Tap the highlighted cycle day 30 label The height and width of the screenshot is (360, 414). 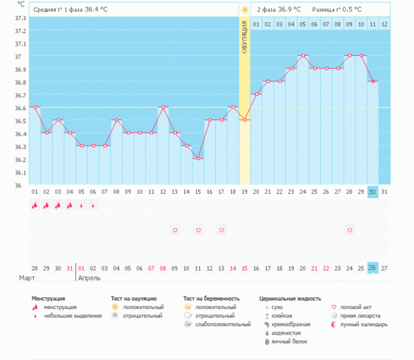click(x=373, y=192)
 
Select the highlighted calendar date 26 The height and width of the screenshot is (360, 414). click(x=373, y=268)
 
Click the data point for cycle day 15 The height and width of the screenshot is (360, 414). click(x=198, y=159)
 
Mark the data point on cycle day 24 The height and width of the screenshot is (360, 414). click(x=303, y=55)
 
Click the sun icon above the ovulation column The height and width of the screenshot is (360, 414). click(x=245, y=10)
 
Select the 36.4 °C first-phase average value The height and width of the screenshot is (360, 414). click(x=100, y=10)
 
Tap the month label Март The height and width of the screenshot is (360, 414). click(x=27, y=279)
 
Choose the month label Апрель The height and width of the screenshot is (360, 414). click(x=90, y=279)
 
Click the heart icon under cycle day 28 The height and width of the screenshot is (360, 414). click(x=350, y=230)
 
